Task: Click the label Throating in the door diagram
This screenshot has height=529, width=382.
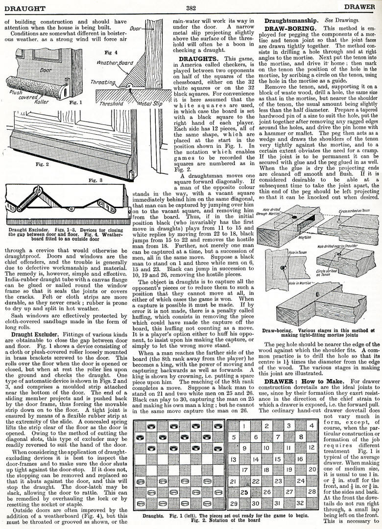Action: (x=103, y=83)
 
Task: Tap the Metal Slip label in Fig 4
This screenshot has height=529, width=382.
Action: (x=145, y=104)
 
